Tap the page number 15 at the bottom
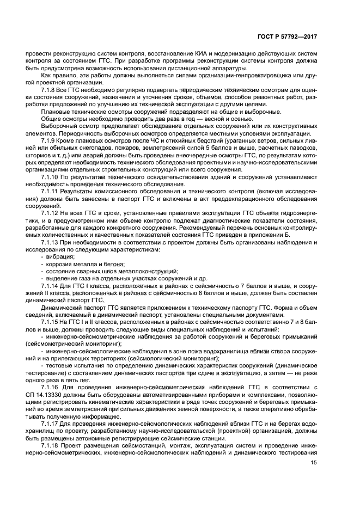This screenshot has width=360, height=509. pyautogui.click(x=314, y=463)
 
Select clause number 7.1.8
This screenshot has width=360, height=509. pyautogui.click(x=50, y=88)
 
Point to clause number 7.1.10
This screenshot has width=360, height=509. pyautogui.click(x=51, y=177)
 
